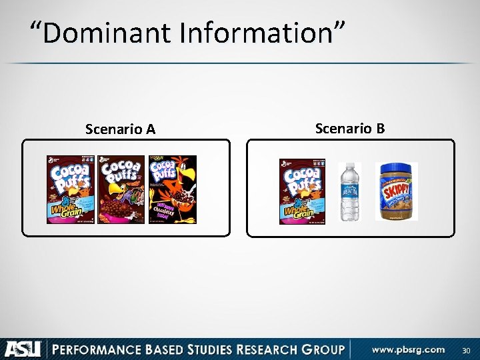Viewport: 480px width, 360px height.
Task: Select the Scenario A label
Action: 120,129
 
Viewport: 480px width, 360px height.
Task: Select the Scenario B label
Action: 349,128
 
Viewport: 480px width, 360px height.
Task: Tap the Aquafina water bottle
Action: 349,192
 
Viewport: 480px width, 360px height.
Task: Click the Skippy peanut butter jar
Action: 396,192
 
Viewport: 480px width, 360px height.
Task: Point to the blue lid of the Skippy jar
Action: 396,167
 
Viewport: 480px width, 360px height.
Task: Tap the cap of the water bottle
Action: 349,165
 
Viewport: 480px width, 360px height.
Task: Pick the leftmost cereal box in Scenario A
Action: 70,189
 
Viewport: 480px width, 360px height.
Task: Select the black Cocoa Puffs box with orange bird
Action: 173,189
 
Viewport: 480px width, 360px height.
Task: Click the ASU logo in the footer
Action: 23,349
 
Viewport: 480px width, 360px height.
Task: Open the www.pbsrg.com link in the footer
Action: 409,349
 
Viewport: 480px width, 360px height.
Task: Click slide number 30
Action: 465,350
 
